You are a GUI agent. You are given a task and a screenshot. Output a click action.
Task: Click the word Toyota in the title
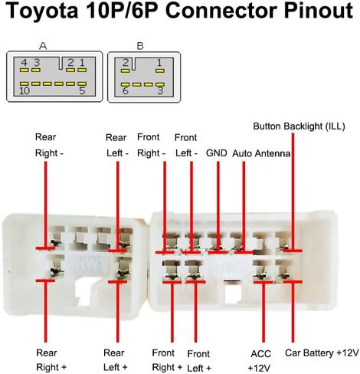click(x=41, y=11)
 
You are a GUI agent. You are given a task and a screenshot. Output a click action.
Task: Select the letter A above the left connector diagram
click(x=43, y=46)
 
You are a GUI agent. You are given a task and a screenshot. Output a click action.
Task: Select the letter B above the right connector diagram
click(x=140, y=46)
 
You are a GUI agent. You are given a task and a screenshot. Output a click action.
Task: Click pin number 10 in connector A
click(x=25, y=90)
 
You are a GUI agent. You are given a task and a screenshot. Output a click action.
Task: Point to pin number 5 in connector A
click(x=82, y=90)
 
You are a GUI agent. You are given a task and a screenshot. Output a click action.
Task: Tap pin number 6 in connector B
click(x=125, y=91)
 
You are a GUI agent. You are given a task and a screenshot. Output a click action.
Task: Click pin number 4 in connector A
click(x=24, y=63)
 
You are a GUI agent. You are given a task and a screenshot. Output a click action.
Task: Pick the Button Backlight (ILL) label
click(x=299, y=126)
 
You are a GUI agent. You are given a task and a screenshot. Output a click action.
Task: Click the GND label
click(x=217, y=153)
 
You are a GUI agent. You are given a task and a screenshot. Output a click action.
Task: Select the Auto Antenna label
click(x=261, y=153)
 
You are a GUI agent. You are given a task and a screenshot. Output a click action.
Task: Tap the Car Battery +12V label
click(x=322, y=353)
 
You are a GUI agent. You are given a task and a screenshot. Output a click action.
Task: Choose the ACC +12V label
click(x=260, y=361)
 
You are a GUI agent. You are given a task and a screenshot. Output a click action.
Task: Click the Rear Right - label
click(x=49, y=145)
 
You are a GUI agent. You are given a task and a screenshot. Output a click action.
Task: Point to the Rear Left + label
click(x=115, y=360)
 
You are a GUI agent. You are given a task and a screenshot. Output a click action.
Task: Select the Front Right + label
click(x=167, y=360)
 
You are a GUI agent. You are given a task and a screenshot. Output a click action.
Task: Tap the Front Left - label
click(x=186, y=146)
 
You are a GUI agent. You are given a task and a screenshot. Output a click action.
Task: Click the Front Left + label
click(x=199, y=361)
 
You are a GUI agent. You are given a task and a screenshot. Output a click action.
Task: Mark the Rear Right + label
click(x=51, y=360)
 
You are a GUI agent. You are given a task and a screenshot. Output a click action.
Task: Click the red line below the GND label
click(x=218, y=207)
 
